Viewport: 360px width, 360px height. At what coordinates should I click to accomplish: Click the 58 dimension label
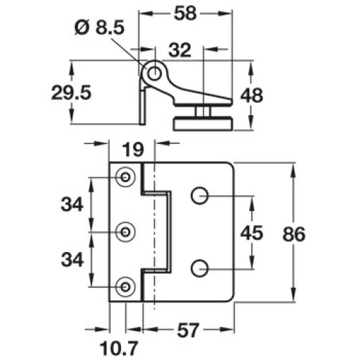[x=185, y=14]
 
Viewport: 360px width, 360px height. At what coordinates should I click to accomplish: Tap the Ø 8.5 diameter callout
[x=99, y=27]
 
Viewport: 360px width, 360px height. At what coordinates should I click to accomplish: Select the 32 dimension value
[x=180, y=50]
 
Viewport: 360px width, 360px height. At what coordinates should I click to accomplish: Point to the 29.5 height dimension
[x=71, y=93]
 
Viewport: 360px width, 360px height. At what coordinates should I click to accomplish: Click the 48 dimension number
[x=252, y=96]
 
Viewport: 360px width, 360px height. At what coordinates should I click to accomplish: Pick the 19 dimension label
[x=133, y=150]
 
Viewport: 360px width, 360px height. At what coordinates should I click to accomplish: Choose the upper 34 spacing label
[x=72, y=204]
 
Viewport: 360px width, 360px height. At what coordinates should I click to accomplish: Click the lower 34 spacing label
[x=72, y=260]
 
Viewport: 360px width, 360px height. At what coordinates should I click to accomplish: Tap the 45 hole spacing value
[x=252, y=233]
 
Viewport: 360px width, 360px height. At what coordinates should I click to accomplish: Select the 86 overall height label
[x=294, y=234]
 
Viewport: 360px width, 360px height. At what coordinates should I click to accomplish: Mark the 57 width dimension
[x=188, y=330]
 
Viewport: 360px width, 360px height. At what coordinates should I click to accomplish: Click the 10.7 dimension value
[x=119, y=348]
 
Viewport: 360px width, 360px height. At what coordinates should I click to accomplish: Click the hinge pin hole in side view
[x=154, y=73]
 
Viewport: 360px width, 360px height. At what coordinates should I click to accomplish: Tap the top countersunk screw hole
[x=125, y=177]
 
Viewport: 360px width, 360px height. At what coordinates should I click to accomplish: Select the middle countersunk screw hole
[x=125, y=232]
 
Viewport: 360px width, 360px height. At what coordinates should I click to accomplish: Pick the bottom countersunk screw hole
[x=125, y=287]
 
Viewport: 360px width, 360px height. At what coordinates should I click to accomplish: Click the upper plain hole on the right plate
[x=199, y=196]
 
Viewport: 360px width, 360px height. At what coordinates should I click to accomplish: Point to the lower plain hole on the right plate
[x=199, y=269]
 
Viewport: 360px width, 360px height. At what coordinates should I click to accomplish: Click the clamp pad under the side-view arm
[x=203, y=123]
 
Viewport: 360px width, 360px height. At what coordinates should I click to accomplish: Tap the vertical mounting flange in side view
[x=143, y=106]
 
